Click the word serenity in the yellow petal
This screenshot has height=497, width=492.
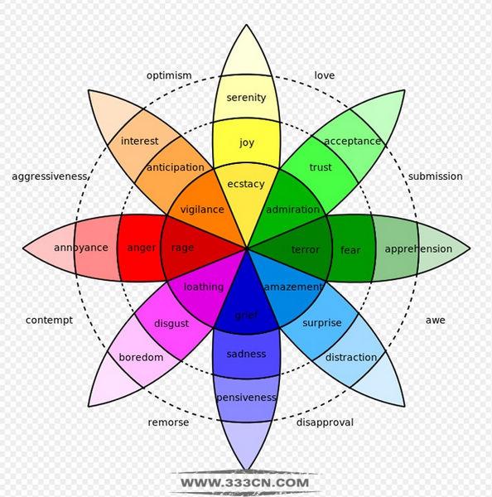pos(246,98)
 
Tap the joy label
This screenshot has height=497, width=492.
pos(247,142)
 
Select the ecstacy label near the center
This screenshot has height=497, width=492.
pos(246,184)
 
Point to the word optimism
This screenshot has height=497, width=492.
pos(169,75)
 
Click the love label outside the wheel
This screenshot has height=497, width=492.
pos(325,75)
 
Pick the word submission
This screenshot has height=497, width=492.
pos(435,176)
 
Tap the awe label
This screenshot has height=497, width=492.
pos(435,321)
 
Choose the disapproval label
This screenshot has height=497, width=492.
pos(325,422)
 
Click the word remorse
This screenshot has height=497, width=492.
pos(168,422)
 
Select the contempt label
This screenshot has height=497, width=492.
pos(49,321)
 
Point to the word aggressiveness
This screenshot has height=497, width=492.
pos(50,176)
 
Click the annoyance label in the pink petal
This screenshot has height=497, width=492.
pos(81,248)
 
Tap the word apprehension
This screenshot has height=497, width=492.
pos(418,249)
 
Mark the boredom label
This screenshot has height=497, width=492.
pos(141,358)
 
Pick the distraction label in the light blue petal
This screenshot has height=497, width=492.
pos(351,358)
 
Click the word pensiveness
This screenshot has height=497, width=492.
pos(246,398)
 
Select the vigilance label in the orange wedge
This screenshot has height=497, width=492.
pos(202,210)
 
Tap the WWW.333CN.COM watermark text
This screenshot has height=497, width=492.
pos(244,483)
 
